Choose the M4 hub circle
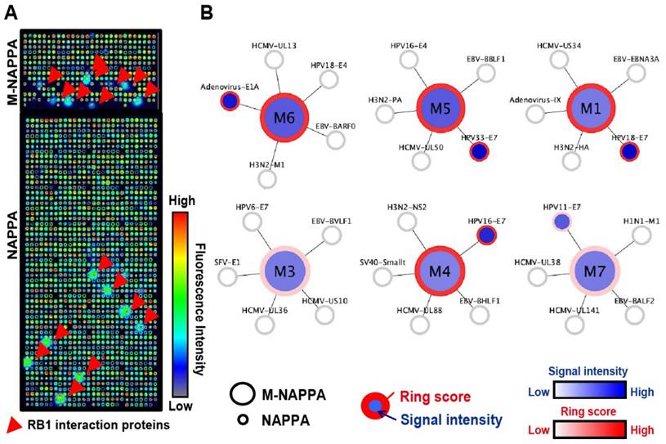[440, 271]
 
